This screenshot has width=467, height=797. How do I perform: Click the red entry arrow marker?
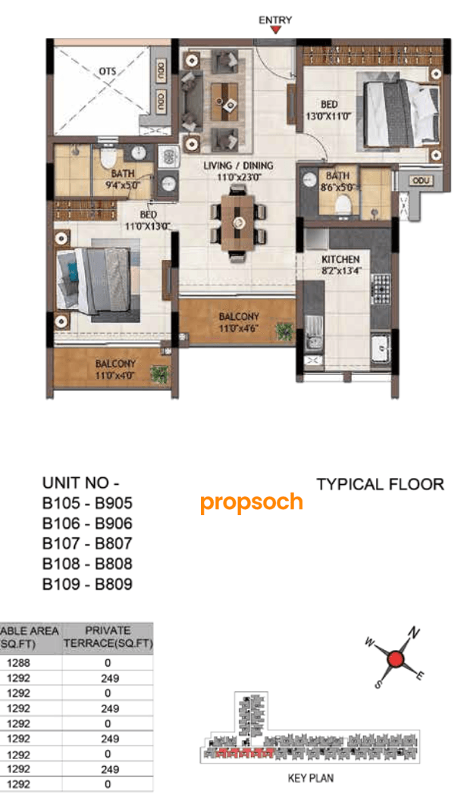tap(276, 30)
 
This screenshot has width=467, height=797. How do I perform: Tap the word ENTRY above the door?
tap(275, 20)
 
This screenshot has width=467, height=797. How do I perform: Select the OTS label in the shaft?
tap(107, 71)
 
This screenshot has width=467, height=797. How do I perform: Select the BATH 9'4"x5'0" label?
tap(122, 178)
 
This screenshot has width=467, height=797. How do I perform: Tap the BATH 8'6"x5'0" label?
tap(338, 180)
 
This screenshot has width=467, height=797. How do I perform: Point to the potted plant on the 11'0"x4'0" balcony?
tap(159, 373)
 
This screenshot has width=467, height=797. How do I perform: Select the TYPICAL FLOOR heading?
tap(380, 484)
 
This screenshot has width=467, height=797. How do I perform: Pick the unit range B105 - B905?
tap(87, 503)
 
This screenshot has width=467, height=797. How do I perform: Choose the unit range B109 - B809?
tap(87, 584)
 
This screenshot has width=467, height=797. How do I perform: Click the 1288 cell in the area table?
tap(19, 661)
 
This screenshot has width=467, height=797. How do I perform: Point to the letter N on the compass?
tap(414, 632)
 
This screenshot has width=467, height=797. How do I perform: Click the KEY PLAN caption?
tap(310, 778)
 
